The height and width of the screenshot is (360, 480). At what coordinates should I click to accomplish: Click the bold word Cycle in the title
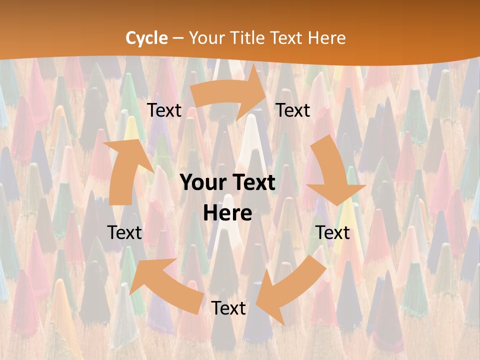tap(146, 37)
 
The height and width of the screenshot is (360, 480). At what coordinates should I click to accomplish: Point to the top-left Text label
tap(164, 110)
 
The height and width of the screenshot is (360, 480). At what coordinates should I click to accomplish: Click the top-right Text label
tap(293, 110)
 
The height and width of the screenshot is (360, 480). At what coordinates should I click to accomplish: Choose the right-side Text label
tap(332, 232)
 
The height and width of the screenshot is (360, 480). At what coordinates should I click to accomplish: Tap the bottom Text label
tap(228, 308)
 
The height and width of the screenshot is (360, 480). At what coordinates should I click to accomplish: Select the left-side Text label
tap(124, 232)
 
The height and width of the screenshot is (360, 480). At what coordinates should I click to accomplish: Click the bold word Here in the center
tap(227, 213)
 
